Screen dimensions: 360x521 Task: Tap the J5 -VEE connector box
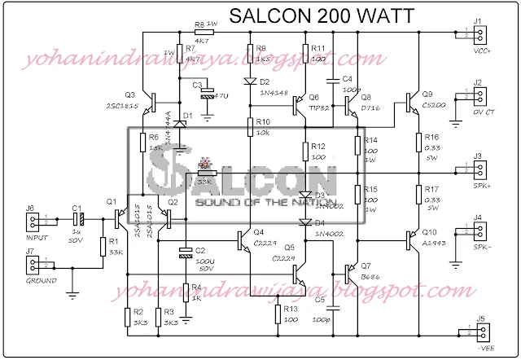pos(481,334)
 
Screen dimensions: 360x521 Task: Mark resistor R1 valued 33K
pos(103,247)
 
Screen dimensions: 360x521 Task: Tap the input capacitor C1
pos(78,220)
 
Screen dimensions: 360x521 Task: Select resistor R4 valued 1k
pos(185,292)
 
